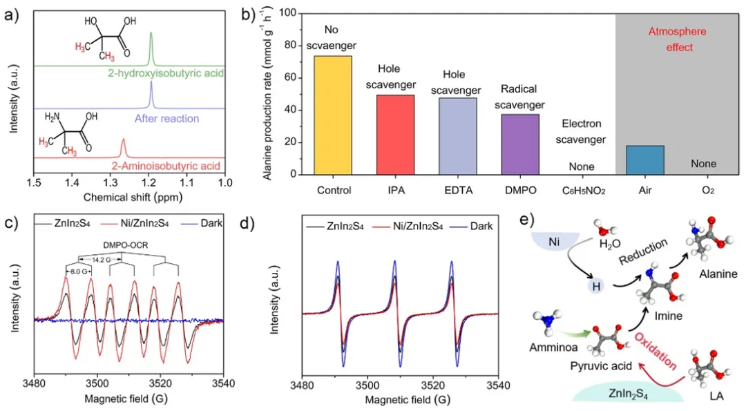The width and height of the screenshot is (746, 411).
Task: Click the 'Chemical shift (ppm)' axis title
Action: pos(129,197)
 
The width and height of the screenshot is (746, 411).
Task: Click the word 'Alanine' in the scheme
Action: pos(718,274)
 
